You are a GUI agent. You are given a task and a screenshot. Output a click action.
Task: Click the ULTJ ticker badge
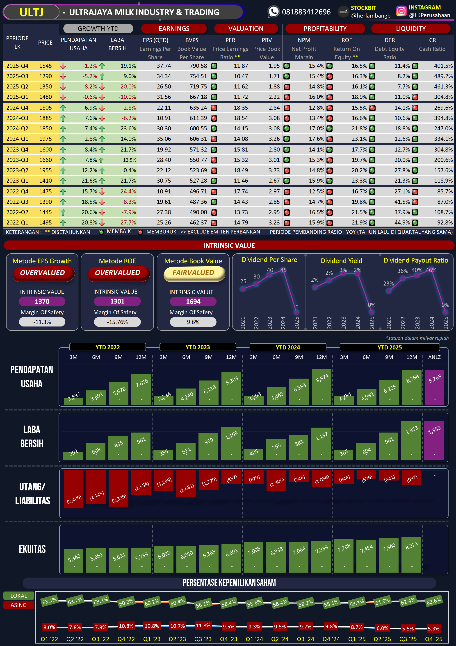tap(31, 12)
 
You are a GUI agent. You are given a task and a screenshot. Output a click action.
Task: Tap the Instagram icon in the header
tap(401, 11)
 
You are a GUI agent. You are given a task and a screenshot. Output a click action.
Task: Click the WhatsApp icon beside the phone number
tap(273, 12)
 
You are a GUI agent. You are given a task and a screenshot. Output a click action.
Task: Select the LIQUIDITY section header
tap(410, 28)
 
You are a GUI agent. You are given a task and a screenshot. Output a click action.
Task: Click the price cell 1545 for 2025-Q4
tap(45, 66)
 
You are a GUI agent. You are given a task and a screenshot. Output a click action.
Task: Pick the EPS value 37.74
tap(164, 66)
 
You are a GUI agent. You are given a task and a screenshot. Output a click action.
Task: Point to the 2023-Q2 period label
tap(17, 170)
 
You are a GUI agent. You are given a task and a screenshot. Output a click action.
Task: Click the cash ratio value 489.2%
tap(443, 76)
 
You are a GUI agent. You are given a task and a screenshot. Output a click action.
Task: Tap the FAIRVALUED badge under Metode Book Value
tap(193, 273)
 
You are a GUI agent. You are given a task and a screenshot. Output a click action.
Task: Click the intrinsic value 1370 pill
tap(42, 301)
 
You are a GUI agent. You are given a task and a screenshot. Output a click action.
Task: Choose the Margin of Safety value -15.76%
tap(117, 322)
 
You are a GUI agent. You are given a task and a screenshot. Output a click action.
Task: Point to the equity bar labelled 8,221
tap(411, 555)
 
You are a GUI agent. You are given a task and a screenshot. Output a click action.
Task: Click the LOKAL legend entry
tap(18, 596)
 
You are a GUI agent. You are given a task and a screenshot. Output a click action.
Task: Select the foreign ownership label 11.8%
tap(203, 626)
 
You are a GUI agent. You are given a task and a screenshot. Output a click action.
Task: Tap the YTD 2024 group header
tap(288, 347)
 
